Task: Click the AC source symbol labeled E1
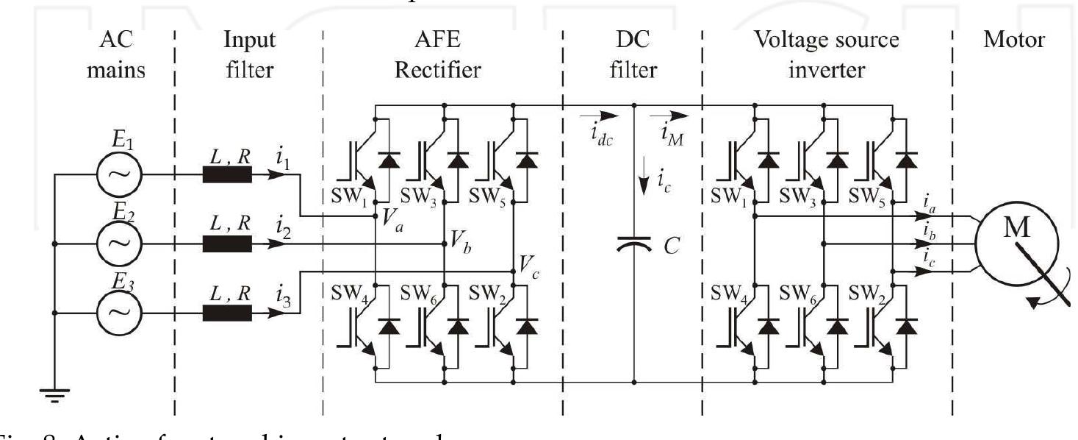click(x=119, y=174)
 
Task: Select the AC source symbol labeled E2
click(x=119, y=244)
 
